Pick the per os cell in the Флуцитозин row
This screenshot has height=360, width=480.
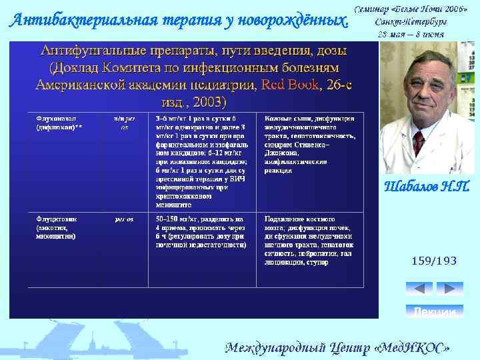tap(125, 219)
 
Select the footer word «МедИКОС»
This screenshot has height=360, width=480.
tap(411, 348)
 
